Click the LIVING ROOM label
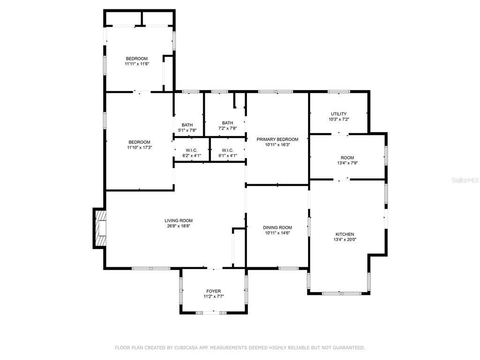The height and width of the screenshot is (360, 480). tap(179, 221)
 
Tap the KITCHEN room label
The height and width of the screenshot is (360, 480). tap(345, 234)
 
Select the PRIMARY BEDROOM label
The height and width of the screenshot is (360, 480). tap(277, 139)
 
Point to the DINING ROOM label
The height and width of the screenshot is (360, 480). tap(277, 227)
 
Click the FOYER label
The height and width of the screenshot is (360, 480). tap(213, 291)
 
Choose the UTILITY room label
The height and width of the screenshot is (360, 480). tap(338, 114)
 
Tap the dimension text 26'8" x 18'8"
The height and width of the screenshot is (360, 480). tap(179, 226)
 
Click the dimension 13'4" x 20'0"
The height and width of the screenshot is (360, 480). tap(345, 240)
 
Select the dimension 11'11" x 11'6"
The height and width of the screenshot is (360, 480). tap(136, 64)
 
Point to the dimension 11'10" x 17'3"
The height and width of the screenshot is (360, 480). tap(139, 148)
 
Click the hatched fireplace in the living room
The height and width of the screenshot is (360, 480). tap(100, 228)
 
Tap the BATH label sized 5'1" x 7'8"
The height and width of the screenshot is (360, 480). tap(187, 125)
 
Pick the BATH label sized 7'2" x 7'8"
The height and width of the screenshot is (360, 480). tap(227, 123)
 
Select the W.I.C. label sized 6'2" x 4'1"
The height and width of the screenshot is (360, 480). tap(191, 150)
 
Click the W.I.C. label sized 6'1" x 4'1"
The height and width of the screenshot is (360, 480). tap(227, 150)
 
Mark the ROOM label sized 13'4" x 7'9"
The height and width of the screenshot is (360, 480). tap(347, 157)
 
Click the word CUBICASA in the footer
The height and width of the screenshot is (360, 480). tap(185, 348)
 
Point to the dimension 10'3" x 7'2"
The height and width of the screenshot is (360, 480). tap(338, 120)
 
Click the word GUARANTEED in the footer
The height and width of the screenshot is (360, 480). tap(349, 348)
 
